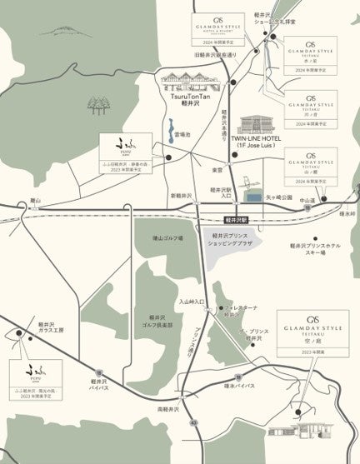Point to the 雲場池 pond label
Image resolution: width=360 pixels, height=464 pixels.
pos(182,134)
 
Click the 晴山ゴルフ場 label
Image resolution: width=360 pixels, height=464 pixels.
pos(168,237)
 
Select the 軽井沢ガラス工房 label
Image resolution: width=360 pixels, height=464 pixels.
pos(51,326)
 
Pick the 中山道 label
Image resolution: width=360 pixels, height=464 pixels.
pos(308,200)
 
